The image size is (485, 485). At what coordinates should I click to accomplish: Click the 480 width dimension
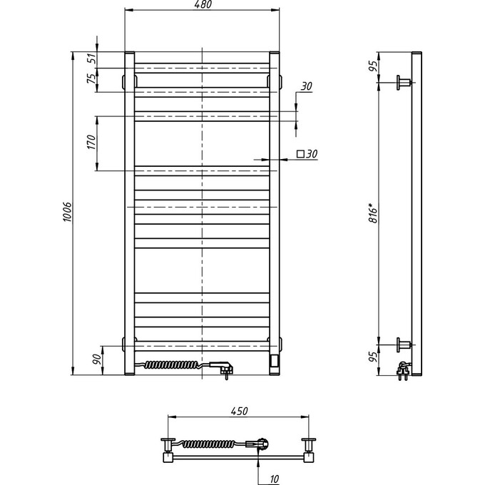point(202,6)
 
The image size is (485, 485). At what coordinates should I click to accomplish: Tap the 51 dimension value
point(91,59)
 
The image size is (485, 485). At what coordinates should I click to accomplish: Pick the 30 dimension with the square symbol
point(307,153)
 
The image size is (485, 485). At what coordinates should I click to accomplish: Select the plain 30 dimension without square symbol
point(307,87)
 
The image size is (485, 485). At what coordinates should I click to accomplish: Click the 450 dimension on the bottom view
point(238,411)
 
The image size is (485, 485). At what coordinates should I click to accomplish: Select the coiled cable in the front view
point(175,365)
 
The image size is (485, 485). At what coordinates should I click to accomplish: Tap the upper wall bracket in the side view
point(404,83)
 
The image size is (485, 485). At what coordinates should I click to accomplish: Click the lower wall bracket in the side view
point(404,345)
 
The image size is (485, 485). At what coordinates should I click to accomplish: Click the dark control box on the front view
point(274,361)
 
